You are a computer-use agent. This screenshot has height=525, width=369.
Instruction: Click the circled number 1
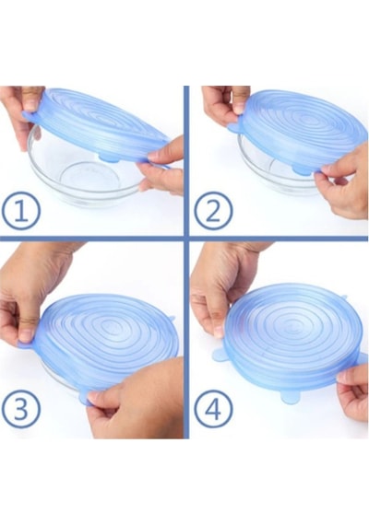[x=21, y=211]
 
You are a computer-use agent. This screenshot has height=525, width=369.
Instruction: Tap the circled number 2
[x=213, y=211]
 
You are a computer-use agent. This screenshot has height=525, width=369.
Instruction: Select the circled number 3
[x=21, y=409]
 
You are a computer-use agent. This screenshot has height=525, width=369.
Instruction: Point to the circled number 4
[x=213, y=409]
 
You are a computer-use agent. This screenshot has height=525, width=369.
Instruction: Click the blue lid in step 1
[x=97, y=125]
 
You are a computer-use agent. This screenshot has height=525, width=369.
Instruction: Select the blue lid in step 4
[x=295, y=342]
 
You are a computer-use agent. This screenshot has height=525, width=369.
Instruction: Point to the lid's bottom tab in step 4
[x=291, y=396]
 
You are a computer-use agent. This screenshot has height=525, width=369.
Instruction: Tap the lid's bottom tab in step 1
[x=108, y=157]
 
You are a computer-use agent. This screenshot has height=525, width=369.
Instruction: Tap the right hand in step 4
[x=353, y=391]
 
